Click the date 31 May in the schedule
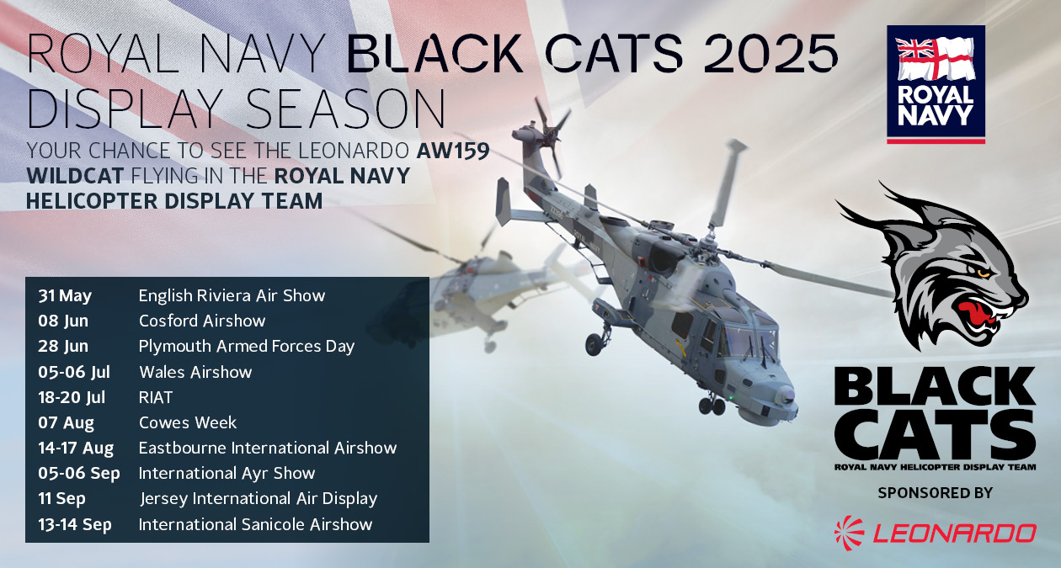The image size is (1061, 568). point(65,296)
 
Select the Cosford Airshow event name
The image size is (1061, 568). point(202,321)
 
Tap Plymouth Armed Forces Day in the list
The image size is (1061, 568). point(246,347)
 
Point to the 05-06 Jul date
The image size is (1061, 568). point(74,372)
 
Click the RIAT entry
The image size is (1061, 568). point(155,397)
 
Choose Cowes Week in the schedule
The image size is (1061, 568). point(188,422)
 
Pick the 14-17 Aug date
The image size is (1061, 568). point(76,448)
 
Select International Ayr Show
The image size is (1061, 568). point(227,473)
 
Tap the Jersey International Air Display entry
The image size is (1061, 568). point(259,498)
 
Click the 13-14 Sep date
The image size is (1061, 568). point(75,524)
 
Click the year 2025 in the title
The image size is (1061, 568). point(771,53)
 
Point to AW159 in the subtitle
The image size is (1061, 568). point(453,151)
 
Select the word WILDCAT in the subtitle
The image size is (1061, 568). point(75,176)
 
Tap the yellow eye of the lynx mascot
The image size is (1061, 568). point(984,273)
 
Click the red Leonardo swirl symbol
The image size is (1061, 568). point(850,533)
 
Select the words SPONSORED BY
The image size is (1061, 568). point(935,493)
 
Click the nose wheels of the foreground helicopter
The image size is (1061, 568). point(712,406)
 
